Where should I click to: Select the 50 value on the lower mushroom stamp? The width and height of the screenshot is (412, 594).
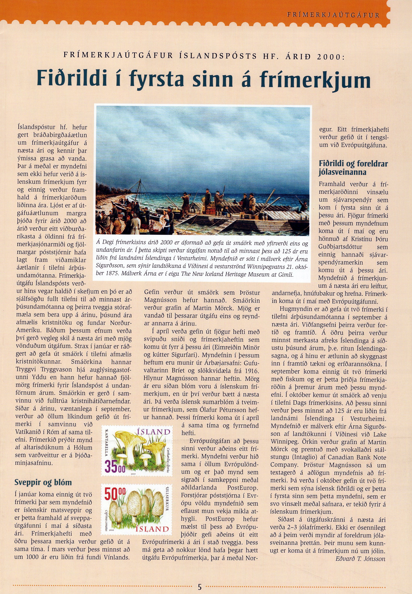point(112,495)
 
